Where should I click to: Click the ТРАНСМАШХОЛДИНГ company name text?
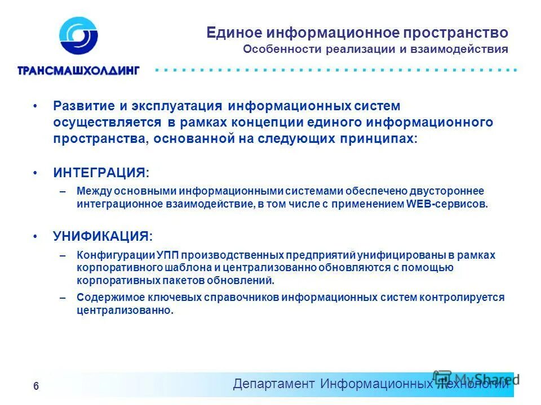pyautogui.click(x=78, y=71)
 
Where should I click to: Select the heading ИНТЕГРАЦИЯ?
pyautogui.click(x=100, y=173)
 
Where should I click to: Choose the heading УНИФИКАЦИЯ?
pyautogui.click(x=102, y=236)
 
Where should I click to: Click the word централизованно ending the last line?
pyautogui.click(x=125, y=310)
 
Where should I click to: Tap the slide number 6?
pyautogui.click(x=36, y=386)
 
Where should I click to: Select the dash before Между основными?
pyautogui.click(x=63, y=192)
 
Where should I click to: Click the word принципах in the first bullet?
pyautogui.click(x=384, y=138)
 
